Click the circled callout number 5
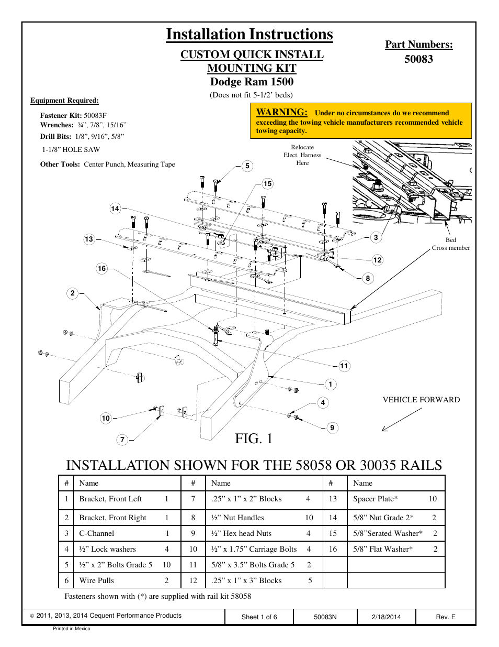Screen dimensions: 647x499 tap(247, 166)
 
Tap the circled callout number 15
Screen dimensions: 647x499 tap(268, 184)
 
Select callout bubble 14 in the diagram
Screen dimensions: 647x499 tap(115, 209)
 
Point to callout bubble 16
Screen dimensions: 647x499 tap(101, 269)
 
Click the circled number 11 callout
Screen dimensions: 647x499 tap(344, 366)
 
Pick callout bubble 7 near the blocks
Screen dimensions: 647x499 tap(122, 440)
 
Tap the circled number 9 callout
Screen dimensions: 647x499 tap(332, 428)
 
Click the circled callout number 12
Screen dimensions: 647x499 tap(378, 260)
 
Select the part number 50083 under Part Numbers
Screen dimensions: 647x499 tap(418, 59)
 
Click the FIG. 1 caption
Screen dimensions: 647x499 tap(254, 439)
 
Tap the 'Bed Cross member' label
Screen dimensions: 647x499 tap(451, 244)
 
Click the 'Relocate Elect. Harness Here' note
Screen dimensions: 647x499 tap(302, 155)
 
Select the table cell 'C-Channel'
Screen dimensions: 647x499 tap(97, 533)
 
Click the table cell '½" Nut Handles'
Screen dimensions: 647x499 tap(237, 518)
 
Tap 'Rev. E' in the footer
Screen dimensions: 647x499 tap(446, 617)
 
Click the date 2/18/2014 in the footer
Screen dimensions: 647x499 tap(386, 617)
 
